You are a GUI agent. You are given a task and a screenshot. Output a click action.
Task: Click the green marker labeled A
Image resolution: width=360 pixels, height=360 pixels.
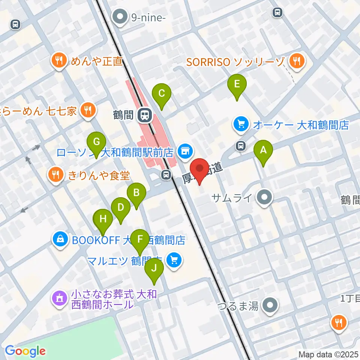point(263,151)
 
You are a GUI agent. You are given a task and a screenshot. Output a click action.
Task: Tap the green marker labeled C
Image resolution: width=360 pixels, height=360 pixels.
point(162,94)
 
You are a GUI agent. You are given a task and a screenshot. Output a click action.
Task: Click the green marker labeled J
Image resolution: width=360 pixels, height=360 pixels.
point(154,268)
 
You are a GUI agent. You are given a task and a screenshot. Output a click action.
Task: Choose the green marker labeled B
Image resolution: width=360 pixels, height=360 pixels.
point(136,193)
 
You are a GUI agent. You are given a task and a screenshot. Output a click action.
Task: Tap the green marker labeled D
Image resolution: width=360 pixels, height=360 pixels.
point(121,208)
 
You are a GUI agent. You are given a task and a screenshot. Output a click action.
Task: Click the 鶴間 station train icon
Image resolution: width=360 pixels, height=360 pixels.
point(144,114)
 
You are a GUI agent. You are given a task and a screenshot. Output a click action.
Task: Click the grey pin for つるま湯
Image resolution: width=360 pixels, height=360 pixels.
point(270,305)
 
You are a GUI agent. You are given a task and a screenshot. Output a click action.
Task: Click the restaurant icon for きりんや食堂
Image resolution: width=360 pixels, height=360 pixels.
point(55,174)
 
